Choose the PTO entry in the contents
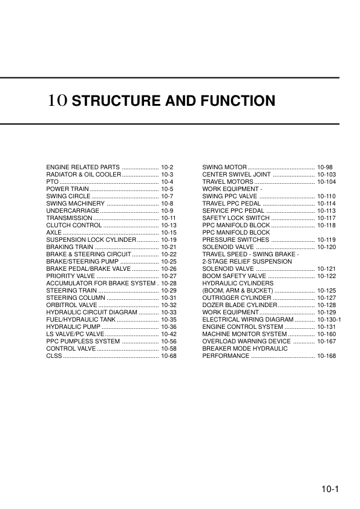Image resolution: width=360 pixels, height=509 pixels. (x=52, y=181)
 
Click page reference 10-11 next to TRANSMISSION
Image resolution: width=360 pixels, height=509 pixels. (x=169, y=218)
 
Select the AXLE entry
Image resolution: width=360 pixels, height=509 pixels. (x=54, y=232)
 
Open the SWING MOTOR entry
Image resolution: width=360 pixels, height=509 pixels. (x=224, y=166)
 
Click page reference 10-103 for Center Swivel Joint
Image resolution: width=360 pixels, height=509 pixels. (x=327, y=174)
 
